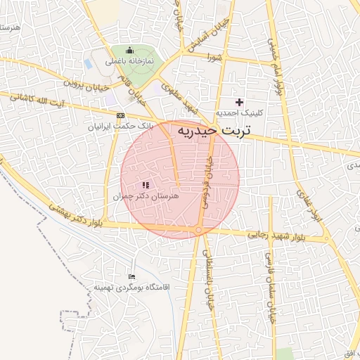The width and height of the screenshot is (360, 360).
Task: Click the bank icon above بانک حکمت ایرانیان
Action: click(121, 115)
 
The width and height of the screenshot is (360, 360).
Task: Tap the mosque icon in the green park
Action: click(129, 51)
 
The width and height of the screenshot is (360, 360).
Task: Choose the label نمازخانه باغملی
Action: click(128, 62)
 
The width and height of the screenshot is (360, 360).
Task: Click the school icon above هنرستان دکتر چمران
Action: click(146, 185)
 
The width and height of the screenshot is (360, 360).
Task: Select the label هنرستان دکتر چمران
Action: click(146, 198)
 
